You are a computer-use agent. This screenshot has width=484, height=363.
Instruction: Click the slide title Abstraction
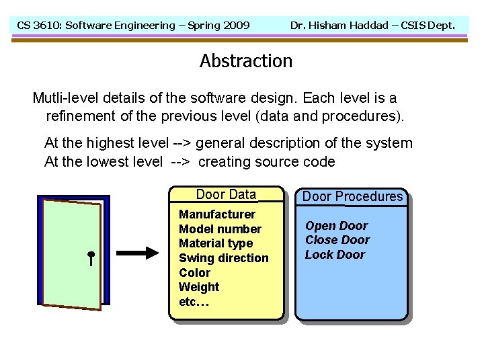click(x=246, y=61)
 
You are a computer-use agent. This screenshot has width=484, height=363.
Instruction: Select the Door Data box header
click(x=226, y=195)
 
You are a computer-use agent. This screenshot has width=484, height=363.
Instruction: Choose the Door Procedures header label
click(x=352, y=196)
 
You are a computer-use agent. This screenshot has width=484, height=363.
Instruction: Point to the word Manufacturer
click(x=217, y=214)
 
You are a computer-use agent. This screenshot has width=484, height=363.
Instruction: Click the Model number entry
click(x=220, y=229)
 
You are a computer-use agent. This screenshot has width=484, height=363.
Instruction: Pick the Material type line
click(x=216, y=243)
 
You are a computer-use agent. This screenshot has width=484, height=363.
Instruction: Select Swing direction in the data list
click(x=223, y=258)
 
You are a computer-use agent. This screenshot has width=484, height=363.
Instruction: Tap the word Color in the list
click(x=194, y=273)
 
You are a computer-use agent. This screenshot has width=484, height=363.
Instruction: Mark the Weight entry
click(x=199, y=287)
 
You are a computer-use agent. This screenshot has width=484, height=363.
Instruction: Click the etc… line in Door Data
click(x=194, y=302)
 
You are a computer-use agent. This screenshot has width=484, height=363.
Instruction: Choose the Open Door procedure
click(x=336, y=226)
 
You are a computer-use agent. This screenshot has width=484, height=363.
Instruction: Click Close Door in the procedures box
click(x=337, y=240)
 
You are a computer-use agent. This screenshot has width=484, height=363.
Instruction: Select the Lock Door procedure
click(x=335, y=255)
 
